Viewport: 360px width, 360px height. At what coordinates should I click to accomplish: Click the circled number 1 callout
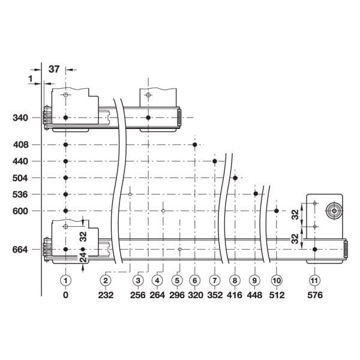click(x=66, y=280)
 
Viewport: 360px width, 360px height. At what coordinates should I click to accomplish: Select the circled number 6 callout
click(x=194, y=280)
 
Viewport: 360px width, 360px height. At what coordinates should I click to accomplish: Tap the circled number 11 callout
click(x=314, y=280)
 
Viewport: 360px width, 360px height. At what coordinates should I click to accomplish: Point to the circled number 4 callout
click(x=157, y=280)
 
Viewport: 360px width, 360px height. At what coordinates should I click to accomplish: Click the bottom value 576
click(x=314, y=295)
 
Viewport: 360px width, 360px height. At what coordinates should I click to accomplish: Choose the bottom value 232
click(x=106, y=295)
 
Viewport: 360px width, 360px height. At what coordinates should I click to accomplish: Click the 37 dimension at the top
click(x=53, y=70)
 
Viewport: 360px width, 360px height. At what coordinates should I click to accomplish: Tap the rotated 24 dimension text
click(x=83, y=258)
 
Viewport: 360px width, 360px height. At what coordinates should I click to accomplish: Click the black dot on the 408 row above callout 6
click(x=195, y=145)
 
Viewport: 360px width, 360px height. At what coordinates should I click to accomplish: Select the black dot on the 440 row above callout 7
click(x=215, y=161)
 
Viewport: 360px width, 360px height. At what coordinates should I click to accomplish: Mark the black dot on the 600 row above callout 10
click(x=276, y=211)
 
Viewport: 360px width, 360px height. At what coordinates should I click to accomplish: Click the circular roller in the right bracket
click(x=332, y=211)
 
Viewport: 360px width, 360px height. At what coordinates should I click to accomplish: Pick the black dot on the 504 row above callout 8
click(x=235, y=178)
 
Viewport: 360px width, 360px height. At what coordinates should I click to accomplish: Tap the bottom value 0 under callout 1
click(x=66, y=295)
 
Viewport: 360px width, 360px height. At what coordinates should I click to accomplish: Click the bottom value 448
click(x=255, y=295)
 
